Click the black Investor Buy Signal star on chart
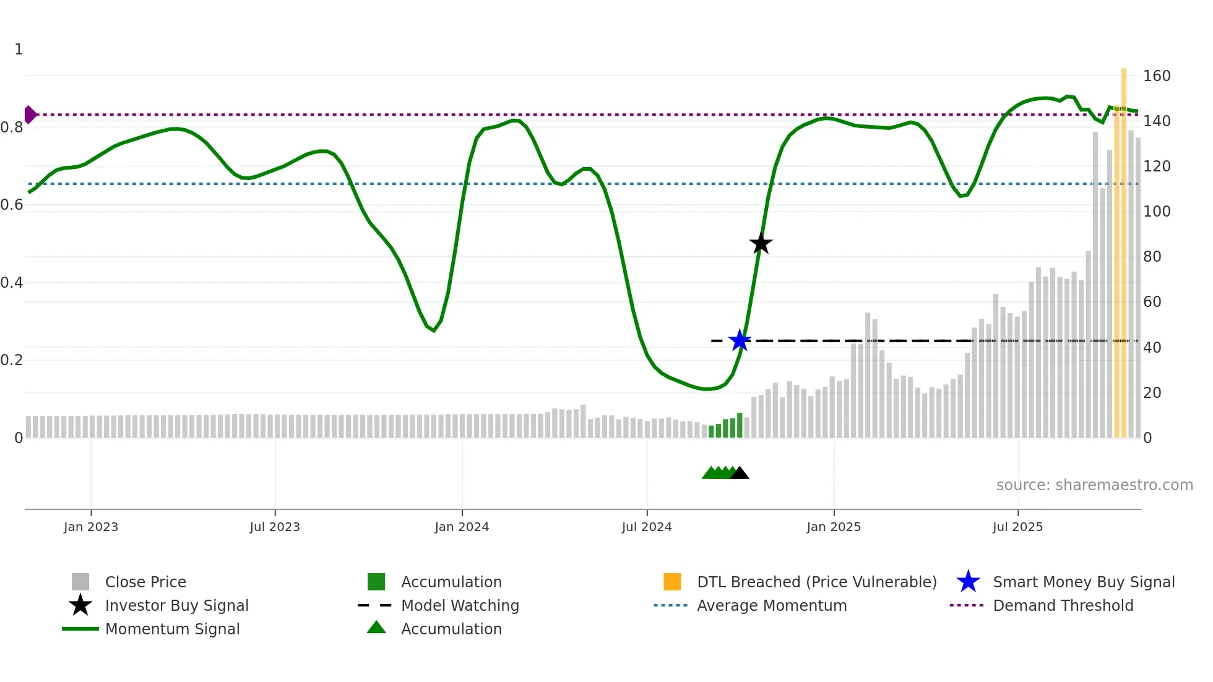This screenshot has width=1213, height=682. click(761, 244)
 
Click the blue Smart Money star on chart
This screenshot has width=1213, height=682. click(740, 340)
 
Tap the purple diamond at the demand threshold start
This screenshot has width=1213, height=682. click(30, 114)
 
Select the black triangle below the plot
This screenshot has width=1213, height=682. click(740, 473)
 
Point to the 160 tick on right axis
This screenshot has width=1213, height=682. click(1156, 76)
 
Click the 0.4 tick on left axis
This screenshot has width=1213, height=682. click(12, 283)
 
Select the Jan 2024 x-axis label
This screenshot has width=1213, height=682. click(462, 527)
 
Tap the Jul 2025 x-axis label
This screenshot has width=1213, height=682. click(1017, 527)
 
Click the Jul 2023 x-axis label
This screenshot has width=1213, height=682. click(275, 527)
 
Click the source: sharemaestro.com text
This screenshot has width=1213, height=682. click(1094, 485)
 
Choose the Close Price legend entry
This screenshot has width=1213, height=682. click(145, 582)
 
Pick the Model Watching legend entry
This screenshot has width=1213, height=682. click(459, 605)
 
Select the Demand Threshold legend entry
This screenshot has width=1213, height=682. click(1063, 605)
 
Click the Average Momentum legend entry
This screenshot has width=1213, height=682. click(771, 605)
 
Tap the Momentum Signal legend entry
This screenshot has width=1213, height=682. click(172, 629)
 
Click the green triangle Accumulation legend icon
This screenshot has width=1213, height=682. click(376, 628)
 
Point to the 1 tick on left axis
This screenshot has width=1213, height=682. click(19, 50)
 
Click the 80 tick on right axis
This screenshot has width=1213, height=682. click(1152, 257)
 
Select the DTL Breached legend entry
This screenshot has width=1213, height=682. click(816, 582)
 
